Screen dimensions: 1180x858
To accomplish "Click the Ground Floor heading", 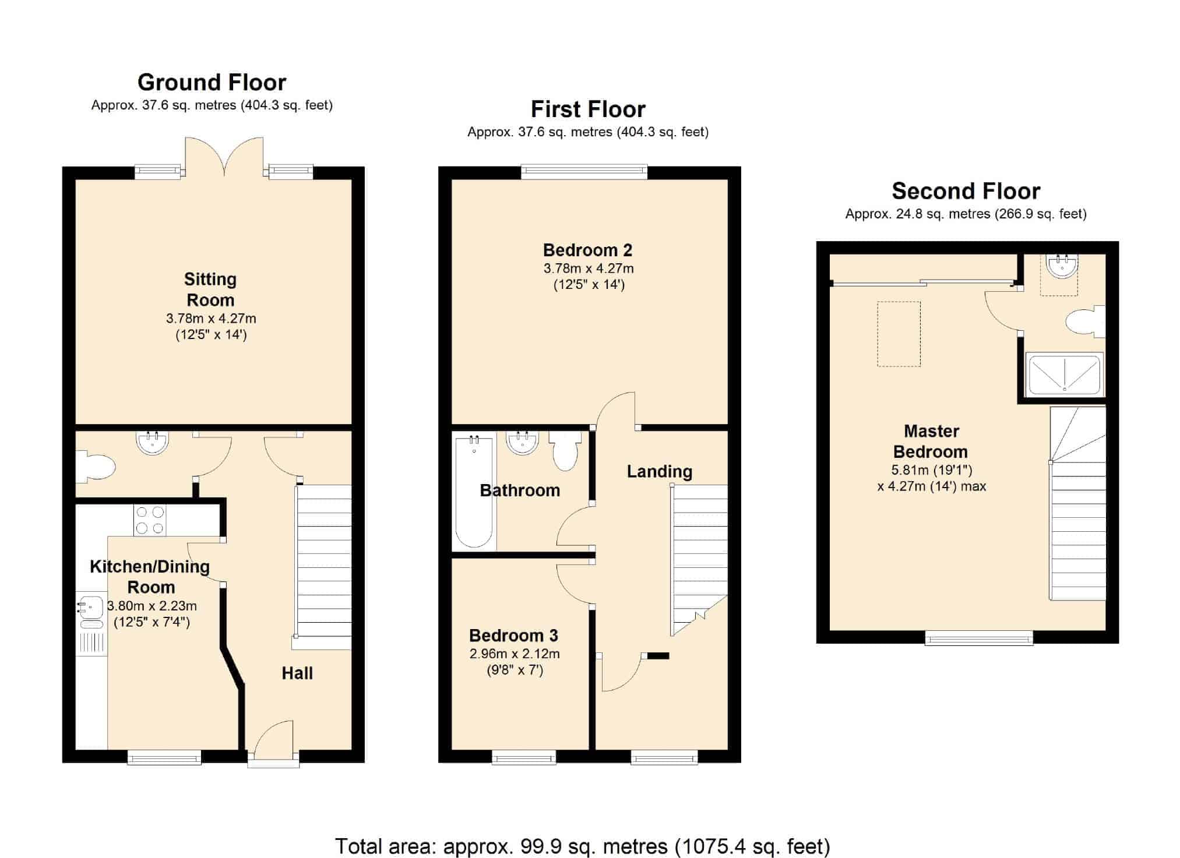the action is tap(212, 83).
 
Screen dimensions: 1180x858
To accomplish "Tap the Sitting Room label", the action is tap(210, 289).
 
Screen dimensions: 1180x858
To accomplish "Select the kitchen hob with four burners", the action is tap(150, 520).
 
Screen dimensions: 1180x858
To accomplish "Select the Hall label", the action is tap(297, 673).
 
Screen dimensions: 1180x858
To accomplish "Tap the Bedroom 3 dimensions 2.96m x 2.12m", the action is tap(515, 654).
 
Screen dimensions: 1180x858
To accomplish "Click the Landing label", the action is tap(660, 472).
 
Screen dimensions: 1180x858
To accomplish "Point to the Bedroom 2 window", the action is tap(584, 171).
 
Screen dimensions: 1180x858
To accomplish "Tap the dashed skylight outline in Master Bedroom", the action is tap(899, 334).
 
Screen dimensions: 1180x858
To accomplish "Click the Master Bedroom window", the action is tap(979, 638).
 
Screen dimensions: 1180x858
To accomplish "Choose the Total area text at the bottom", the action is tap(583, 846).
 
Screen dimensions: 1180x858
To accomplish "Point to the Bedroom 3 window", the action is tap(524, 757).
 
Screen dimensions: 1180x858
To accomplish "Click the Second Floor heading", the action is tap(966, 191).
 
